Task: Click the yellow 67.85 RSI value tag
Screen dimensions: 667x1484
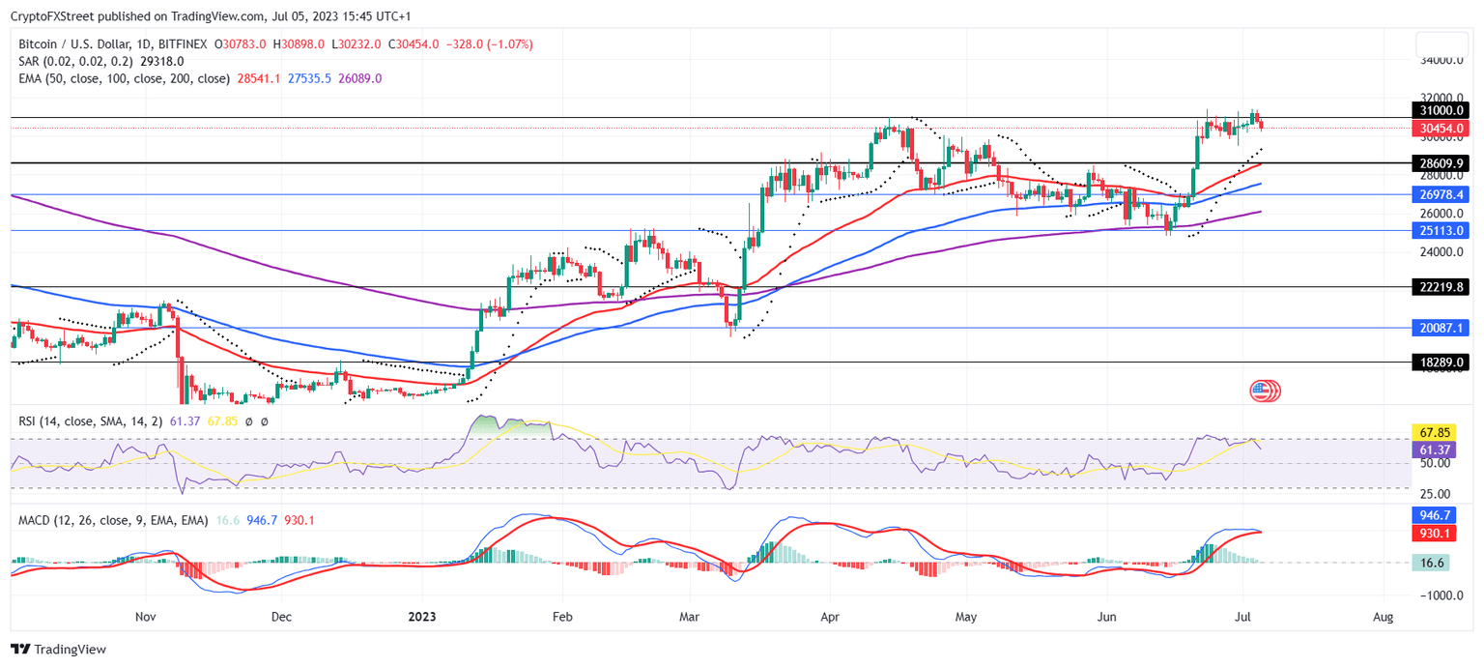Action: coord(1431,432)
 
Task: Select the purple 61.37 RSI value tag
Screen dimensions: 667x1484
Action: coord(1431,449)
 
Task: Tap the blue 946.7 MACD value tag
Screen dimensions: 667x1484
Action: coord(1431,516)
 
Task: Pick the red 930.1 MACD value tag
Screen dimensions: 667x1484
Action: coord(1431,533)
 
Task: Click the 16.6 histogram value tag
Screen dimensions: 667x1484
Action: coord(1431,562)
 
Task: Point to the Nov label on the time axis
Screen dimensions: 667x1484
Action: coord(145,616)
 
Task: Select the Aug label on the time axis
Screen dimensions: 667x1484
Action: coord(1383,616)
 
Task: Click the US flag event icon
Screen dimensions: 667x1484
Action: coord(1261,391)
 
